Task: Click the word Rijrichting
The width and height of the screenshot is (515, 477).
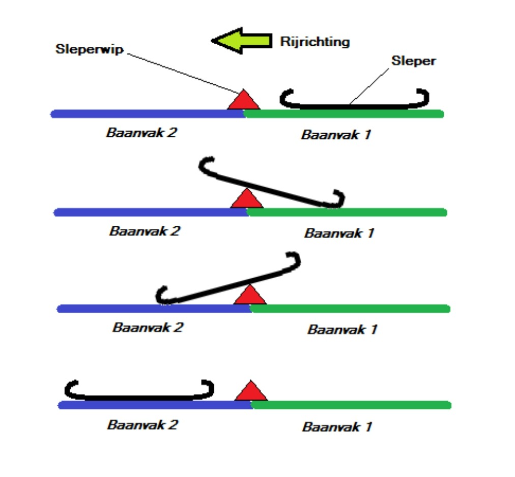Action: point(314,41)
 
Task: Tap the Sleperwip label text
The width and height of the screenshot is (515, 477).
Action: point(89,49)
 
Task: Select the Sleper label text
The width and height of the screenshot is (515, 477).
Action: point(413,61)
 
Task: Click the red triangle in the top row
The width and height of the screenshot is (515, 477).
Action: point(243,101)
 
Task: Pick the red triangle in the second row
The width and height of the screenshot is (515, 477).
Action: point(247,199)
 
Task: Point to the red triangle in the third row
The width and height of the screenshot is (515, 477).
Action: point(250,295)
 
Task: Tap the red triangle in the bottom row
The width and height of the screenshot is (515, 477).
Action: point(250,392)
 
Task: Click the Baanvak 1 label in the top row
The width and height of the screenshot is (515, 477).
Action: point(336,135)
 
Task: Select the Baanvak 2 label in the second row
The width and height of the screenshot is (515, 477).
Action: point(145,231)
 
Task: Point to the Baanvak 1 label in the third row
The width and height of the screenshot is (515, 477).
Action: point(342,329)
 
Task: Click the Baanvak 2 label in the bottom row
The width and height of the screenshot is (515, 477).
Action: point(142,424)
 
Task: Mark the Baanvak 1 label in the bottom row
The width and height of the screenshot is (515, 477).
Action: point(337,426)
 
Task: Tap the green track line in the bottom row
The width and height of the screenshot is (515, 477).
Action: point(351,405)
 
